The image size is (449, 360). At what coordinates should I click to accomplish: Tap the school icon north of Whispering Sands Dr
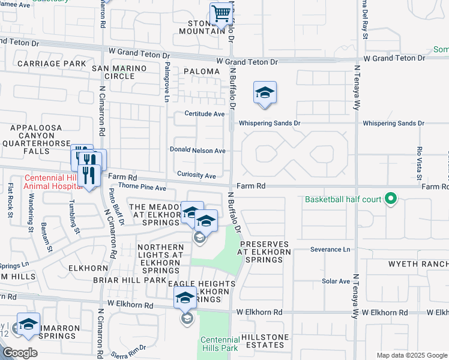pos(265,92)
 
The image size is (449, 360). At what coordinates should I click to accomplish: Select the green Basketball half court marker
pos(391,199)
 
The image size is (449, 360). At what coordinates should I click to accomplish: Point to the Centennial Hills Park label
pos(220,343)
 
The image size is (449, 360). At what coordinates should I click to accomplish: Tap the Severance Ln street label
pos(330,249)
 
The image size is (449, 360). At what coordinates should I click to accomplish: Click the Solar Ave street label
pos(336,281)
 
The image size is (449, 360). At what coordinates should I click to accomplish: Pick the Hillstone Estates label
pos(264,341)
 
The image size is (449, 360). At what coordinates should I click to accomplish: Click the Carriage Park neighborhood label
pos(52,63)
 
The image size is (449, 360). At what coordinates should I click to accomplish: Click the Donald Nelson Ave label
pos(197,151)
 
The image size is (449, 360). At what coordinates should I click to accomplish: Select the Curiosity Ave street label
pos(196,176)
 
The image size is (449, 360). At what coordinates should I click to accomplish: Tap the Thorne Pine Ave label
pos(142,188)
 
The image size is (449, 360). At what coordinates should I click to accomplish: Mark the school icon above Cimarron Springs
pos(28,324)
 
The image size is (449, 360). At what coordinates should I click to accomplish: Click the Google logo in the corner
pos(20,353)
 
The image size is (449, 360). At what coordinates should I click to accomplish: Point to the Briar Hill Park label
pos(130,280)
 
